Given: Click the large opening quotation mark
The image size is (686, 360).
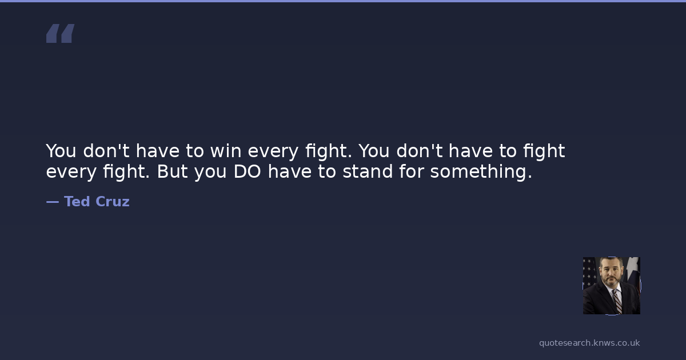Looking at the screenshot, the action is click(x=61, y=33).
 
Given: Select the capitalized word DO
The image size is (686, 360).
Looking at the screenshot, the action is click(x=247, y=171).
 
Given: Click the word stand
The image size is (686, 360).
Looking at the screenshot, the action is click(x=368, y=171).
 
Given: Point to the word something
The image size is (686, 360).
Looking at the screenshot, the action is click(x=481, y=172).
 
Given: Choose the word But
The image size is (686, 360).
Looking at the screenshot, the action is click(x=173, y=171).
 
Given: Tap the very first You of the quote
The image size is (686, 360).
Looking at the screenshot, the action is click(x=61, y=151).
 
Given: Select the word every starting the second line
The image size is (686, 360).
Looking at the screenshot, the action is click(x=71, y=173).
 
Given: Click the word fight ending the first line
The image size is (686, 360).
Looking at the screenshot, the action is click(x=544, y=151).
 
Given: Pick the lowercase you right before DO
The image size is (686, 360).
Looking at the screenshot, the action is click(x=210, y=173).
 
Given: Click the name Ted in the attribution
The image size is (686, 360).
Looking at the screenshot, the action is click(x=77, y=201).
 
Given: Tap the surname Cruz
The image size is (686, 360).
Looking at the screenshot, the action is click(x=113, y=201).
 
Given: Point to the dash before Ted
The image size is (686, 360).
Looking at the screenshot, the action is click(x=53, y=202).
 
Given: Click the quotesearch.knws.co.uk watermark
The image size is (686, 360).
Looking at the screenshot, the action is click(x=589, y=343).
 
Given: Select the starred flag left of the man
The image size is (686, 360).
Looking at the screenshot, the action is click(x=589, y=273).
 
